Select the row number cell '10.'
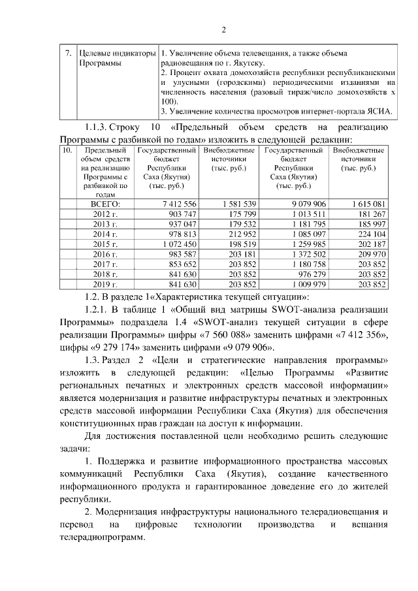(x=66, y=151)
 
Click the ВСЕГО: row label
(x=101, y=204)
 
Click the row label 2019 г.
(x=101, y=284)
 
